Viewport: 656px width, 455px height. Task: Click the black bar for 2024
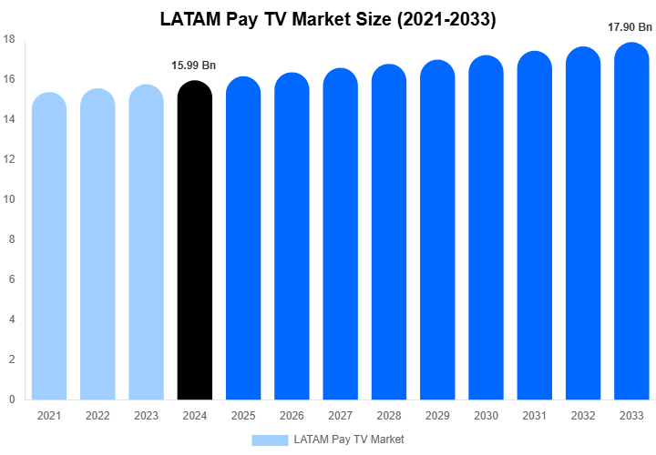[195, 241]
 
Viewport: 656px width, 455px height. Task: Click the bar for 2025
[243, 238]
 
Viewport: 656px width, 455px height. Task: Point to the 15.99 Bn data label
[194, 66]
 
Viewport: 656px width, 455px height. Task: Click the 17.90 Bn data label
[630, 27]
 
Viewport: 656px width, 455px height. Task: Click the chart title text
[328, 19]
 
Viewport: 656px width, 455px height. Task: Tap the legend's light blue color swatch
[270, 440]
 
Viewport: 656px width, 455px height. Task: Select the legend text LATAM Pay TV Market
[349, 440]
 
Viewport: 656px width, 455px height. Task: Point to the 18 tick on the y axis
[9, 39]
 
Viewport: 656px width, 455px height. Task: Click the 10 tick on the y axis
[9, 199]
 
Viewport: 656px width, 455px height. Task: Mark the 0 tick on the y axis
[12, 399]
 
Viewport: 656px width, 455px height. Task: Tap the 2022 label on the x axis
[97, 416]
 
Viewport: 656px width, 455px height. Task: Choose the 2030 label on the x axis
[487, 416]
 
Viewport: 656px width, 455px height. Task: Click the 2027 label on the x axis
[341, 416]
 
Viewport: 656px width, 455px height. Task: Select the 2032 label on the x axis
[583, 416]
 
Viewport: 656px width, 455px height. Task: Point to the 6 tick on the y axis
[12, 279]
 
